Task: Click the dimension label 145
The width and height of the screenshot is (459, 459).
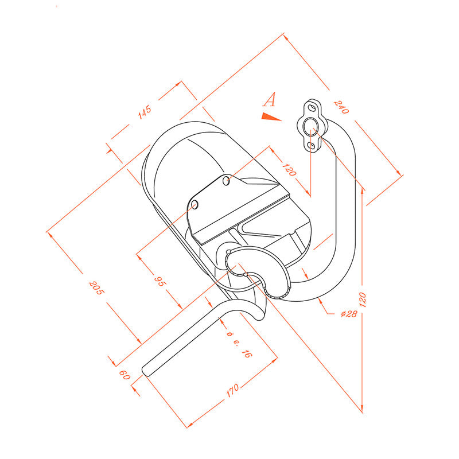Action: pos(145,112)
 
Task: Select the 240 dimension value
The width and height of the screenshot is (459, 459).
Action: pos(341,107)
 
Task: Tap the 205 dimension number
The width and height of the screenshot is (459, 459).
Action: pos(96,288)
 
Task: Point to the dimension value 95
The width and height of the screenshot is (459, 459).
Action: pos(160,281)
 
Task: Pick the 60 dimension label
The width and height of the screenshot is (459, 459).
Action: pos(125,375)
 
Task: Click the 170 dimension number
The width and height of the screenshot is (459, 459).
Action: pos(233,391)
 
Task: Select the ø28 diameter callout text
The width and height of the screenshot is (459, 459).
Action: pos(349,314)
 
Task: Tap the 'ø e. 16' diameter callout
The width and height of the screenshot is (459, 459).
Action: pos(239,345)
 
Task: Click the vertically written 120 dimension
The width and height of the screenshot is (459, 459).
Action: pos(362,299)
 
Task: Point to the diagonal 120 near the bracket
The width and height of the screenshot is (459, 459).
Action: pos(289,170)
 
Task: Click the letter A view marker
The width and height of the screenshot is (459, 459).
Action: pos(269,99)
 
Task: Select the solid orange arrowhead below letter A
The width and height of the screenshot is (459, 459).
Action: pos(271,116)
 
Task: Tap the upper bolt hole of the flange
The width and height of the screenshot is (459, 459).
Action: pos(311,108)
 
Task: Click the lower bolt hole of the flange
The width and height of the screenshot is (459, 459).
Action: pos(312,145)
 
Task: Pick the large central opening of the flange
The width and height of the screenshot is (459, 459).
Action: pos(309,126)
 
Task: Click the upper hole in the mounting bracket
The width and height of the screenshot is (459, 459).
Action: pos(226,180)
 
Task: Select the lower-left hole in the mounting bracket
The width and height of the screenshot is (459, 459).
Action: pos(195,204)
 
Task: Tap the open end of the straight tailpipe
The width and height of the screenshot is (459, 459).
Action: pos(146,371)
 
